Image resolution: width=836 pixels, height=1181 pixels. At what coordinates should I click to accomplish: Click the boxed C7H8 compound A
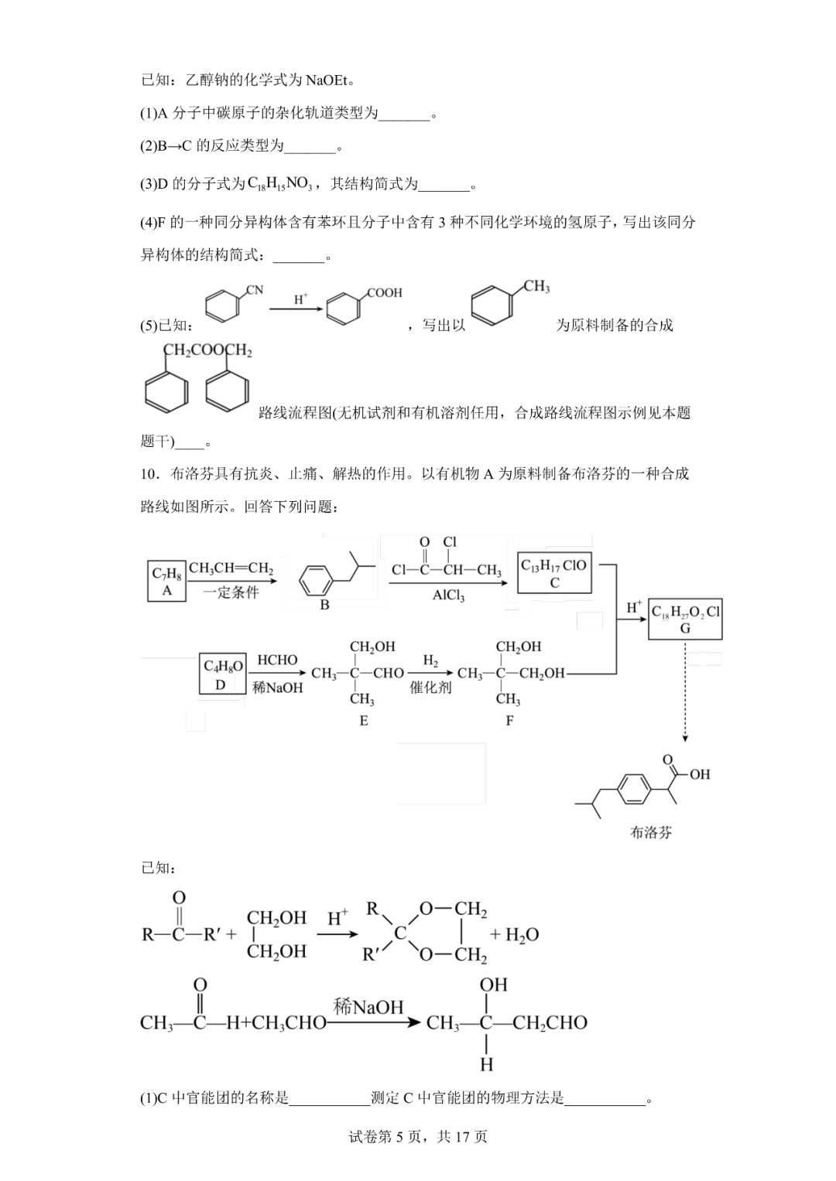tap(166, 582)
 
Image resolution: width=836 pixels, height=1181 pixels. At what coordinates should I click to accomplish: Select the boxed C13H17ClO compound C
tap(554, 573)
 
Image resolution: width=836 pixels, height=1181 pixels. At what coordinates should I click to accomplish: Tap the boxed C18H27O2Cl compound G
tap(685, 619)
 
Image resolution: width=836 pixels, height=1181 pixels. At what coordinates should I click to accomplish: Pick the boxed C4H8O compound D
tap(222, 674)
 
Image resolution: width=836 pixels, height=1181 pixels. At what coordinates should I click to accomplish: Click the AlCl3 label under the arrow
tap(448, 596)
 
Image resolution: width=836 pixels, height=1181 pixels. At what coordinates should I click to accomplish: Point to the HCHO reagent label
tap(277, 660)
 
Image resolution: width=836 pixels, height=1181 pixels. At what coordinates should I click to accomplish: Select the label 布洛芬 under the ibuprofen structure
tap(651, 832)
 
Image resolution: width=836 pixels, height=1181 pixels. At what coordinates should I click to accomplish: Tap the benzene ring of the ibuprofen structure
tap(633, 788)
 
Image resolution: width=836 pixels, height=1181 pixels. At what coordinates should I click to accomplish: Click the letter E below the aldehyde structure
tap(363, 721)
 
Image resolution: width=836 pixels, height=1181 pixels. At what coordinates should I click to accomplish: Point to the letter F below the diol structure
tap(509, 721)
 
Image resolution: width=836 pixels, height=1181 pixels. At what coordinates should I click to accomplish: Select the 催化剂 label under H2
tap(430, 687)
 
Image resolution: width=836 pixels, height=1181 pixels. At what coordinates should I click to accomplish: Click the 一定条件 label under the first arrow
tap(231, 593)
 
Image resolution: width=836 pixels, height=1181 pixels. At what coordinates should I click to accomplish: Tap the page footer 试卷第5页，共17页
tap(418, 1136)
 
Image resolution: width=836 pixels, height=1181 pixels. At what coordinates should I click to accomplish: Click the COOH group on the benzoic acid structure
tap(384, 293)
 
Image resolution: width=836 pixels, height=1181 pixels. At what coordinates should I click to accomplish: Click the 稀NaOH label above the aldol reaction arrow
tap(368, 1006)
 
